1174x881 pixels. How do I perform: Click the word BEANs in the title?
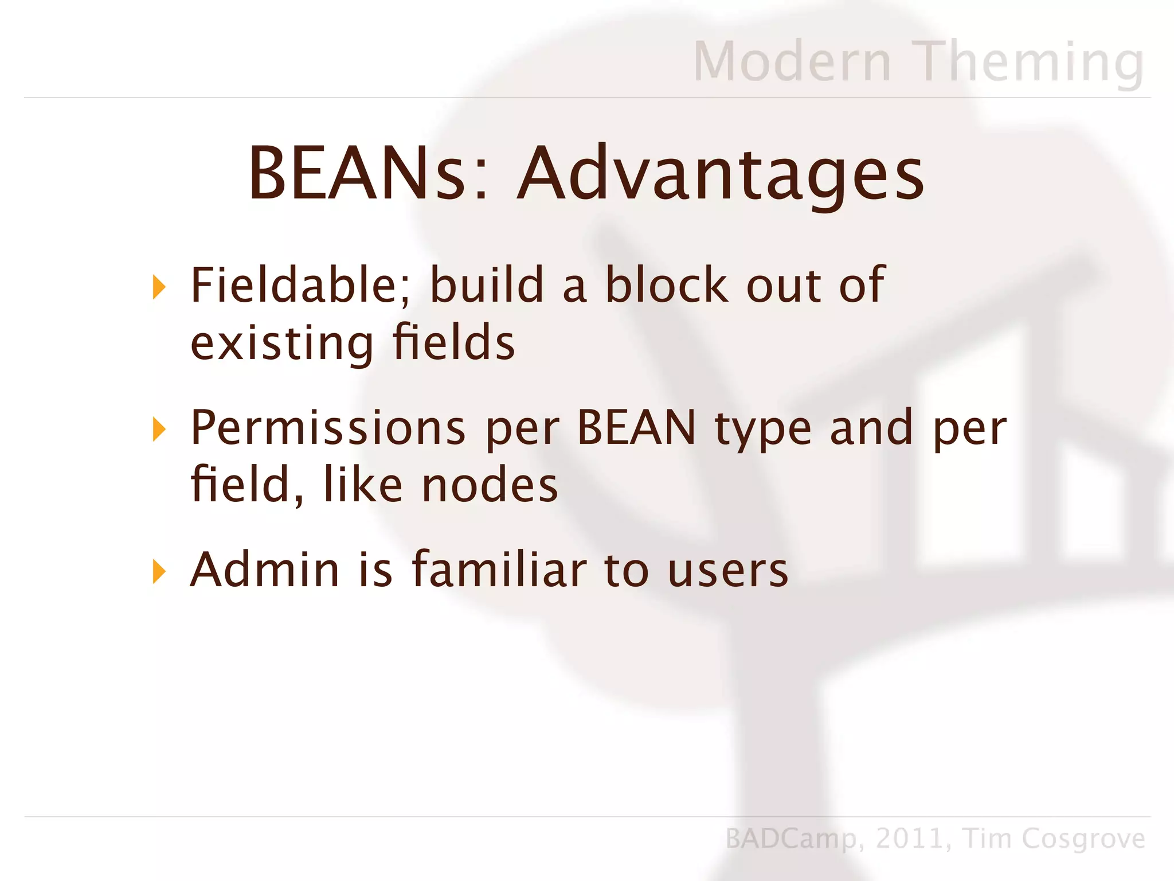click(357, 174)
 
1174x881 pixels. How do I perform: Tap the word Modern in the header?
click(792, 61)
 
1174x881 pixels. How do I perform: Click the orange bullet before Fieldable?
click(159, 287)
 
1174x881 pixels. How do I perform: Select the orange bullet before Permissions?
click(159, 430)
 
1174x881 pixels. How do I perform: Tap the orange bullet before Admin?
click(159, 572)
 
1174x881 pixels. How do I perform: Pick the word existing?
click(281, 342)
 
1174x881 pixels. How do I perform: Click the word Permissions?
click(328, 428)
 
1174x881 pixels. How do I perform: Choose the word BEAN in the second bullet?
click(636, 427)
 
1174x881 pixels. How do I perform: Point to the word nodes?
click(490, 485)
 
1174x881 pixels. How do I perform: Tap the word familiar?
click(499, 570)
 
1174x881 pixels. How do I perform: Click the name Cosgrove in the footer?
click(1083, 839)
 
